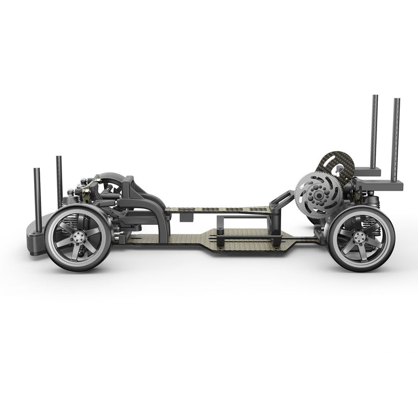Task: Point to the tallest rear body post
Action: point(375,131)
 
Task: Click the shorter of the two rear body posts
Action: point(396,138)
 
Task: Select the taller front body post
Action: point(59,180)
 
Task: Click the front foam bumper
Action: point(34,233)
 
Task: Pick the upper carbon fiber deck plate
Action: point(219,210)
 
